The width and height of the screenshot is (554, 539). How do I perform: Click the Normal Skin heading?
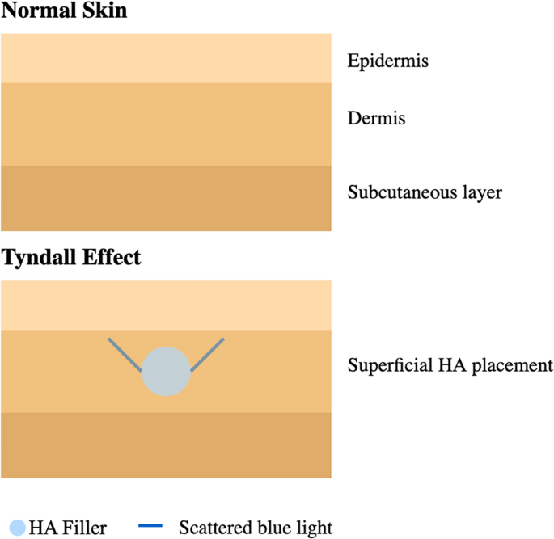click(x=65, y=12)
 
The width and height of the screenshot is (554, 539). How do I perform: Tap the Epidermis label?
click(x=388, y=61)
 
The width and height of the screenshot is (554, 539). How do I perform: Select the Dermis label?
click(x=376, y=119)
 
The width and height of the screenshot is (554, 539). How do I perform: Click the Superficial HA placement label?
click(x=450, y=364)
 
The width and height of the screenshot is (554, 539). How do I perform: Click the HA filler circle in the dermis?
click(x=167, y=371)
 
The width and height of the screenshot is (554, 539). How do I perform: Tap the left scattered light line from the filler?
click(x=125, y=355)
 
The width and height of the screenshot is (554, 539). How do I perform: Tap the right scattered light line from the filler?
click(x=207, y=355)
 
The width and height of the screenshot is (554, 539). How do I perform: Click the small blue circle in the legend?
click(x=18, y=528)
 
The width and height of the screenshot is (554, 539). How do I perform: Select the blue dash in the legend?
click(x=151, y=528)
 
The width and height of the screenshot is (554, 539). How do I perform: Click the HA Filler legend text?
click(x=68, y=528)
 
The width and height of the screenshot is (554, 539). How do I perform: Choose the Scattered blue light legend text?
click(x=256, y=528)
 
